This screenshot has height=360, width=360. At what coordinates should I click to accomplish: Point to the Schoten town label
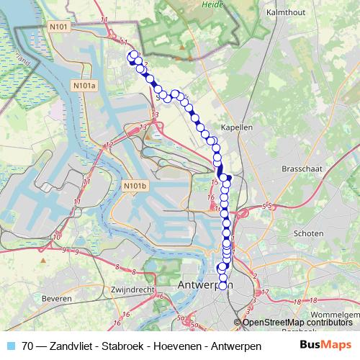308,233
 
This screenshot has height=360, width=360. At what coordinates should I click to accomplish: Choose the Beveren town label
56,297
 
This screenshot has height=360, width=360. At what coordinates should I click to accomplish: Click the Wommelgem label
336,315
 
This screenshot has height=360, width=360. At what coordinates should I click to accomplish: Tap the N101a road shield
84,86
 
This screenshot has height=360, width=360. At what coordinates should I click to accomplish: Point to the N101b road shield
134,186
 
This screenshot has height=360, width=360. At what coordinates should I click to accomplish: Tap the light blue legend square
10,346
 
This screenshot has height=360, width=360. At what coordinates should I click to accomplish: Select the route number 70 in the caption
27,346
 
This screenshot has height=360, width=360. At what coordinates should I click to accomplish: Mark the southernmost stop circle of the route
222,286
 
